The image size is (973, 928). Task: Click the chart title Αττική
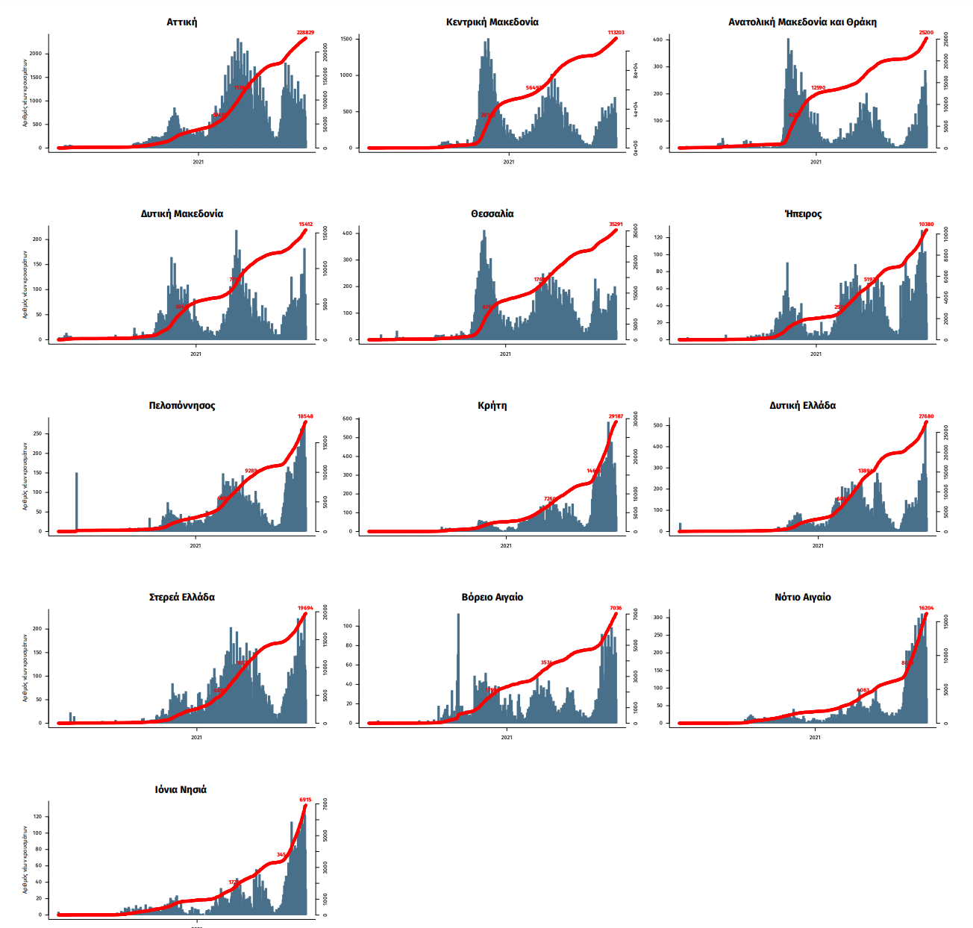181,22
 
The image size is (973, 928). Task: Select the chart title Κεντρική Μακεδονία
492,22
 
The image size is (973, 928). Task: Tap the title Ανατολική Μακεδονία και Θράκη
802,22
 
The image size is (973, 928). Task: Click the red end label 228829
305,33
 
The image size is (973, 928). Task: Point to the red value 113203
616,33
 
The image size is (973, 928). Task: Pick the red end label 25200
926,33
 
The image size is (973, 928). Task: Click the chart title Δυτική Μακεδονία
181,214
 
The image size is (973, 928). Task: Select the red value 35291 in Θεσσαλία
616,225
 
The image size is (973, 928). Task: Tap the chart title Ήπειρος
803,214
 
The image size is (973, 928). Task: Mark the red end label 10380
926,225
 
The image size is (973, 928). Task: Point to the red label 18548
305,416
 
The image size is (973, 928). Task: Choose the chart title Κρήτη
492,406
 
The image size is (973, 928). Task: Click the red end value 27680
926,416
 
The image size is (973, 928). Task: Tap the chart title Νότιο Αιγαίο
802,598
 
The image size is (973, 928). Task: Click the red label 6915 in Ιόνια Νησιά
305,800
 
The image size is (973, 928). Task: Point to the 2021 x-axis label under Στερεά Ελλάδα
196,737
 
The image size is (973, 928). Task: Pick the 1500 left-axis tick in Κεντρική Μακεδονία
346,39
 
